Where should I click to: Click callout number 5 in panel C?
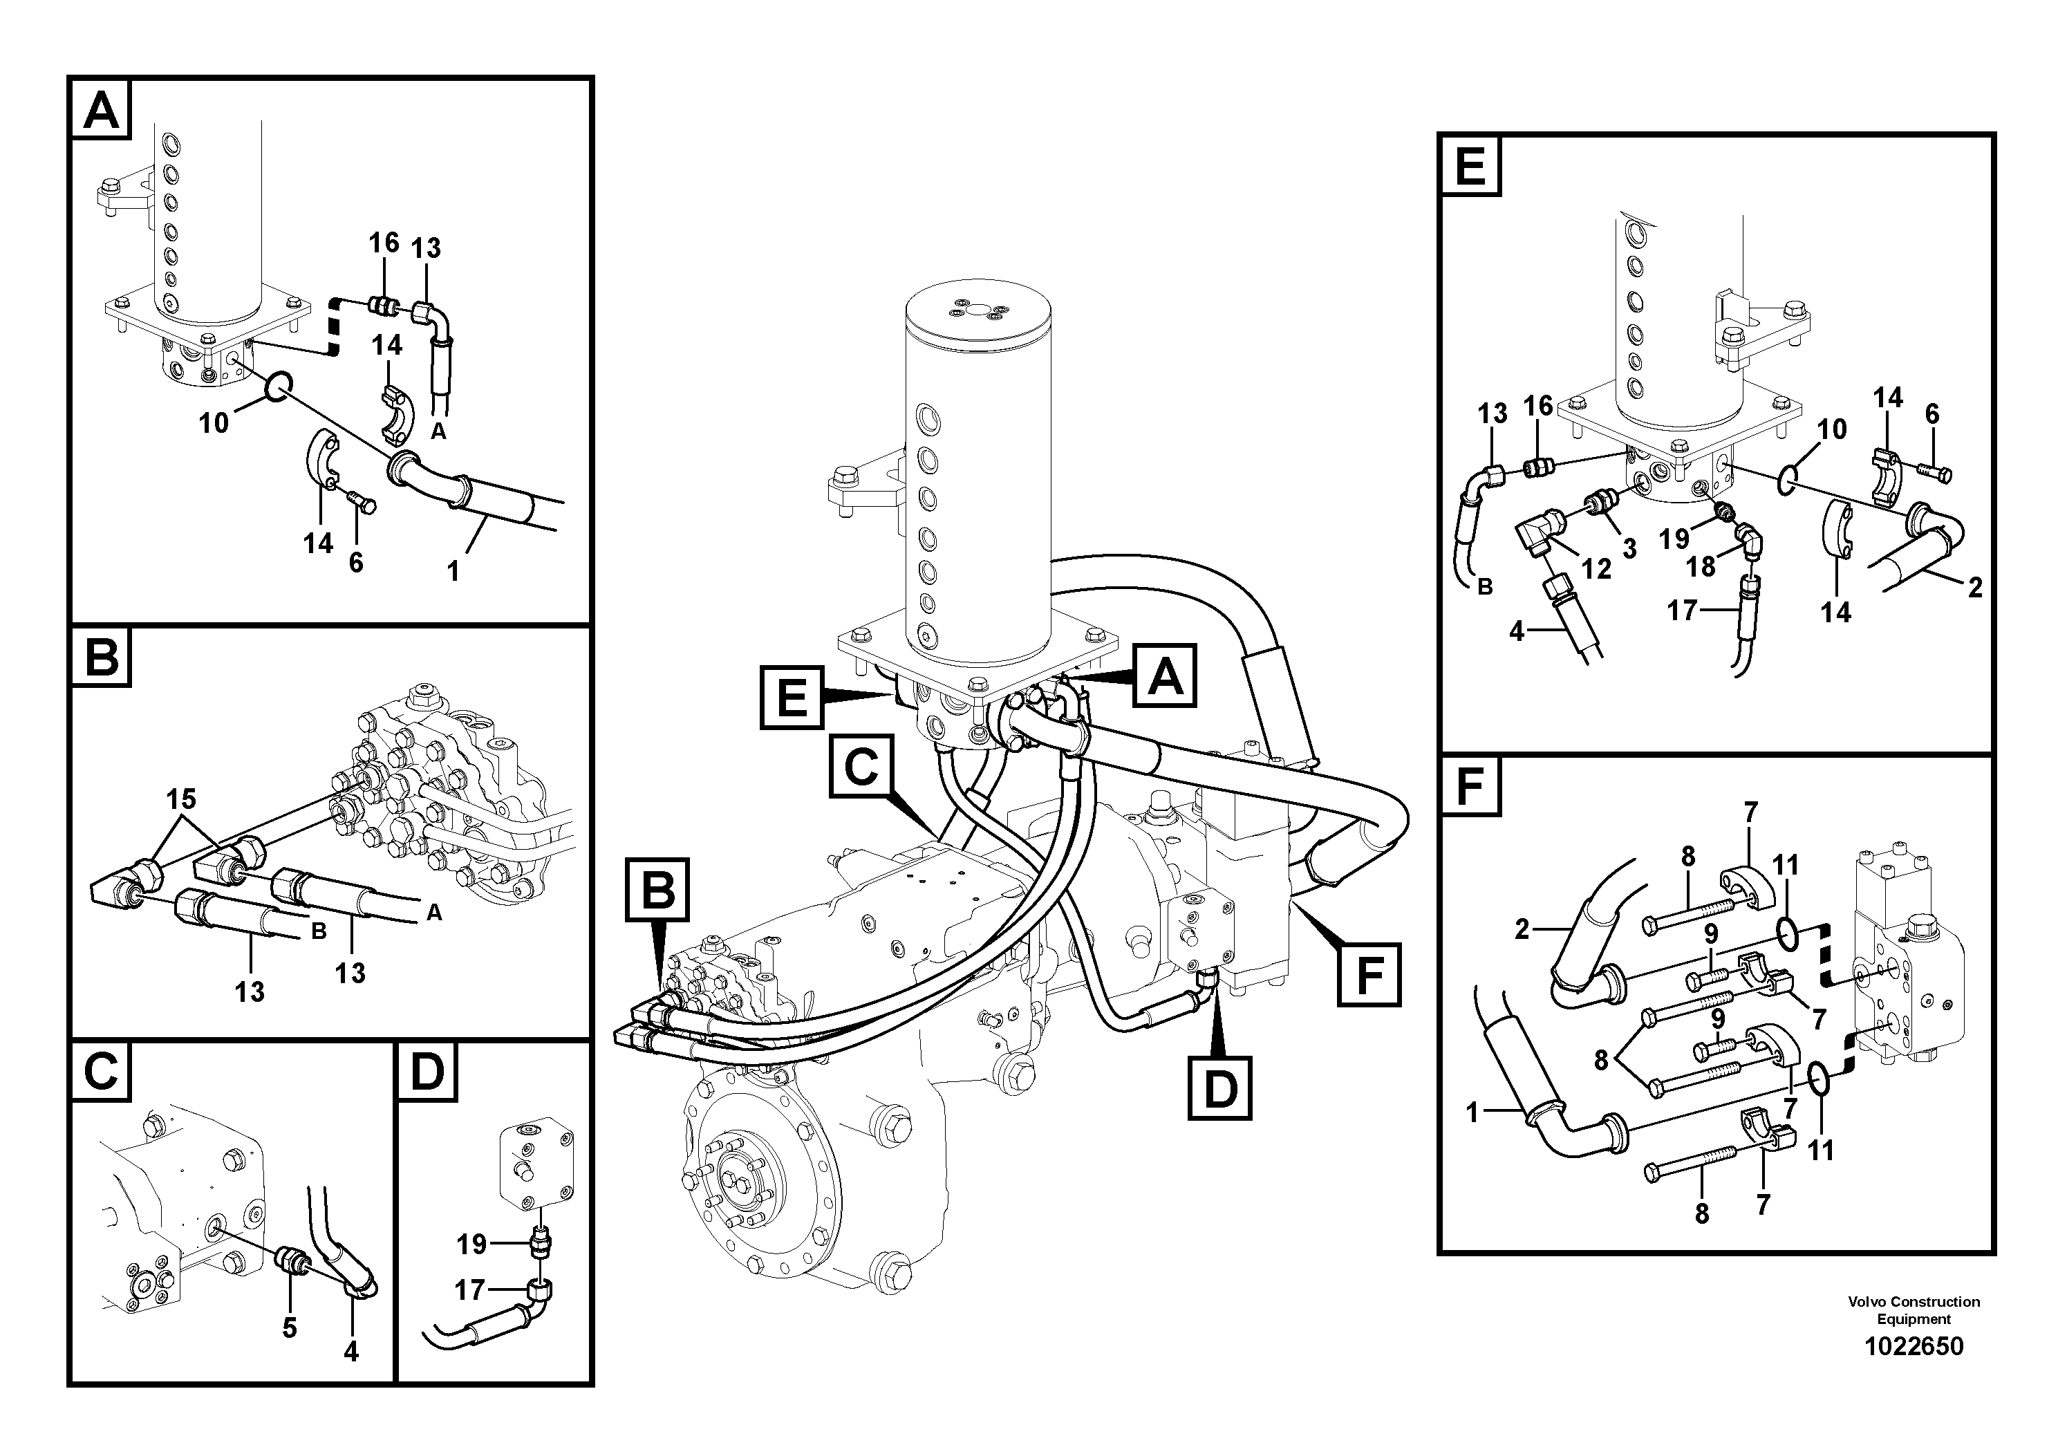(289, 1327)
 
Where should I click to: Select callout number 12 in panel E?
(1596, 568)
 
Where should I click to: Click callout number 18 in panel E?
(1701, 566)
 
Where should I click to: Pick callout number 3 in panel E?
(1629, 548)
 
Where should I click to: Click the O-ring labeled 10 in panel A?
(277, 386)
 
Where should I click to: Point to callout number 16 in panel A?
(384, 243)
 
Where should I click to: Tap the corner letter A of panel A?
(100, 111)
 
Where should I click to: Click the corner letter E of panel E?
(1470, 166)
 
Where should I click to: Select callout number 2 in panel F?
(1521, 930)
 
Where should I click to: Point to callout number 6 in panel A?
(356, 562)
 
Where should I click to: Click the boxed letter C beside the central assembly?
(861, 767)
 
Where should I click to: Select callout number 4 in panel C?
(350, 1351)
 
